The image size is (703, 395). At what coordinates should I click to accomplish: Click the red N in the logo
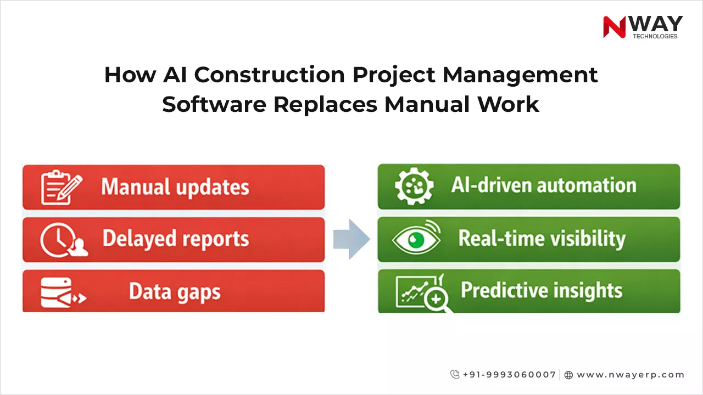pyautogui.click(x=614, y=27)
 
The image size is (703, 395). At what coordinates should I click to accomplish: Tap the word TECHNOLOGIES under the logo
pyautogui.click(x=655, y=37)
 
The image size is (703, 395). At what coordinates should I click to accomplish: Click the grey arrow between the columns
pyautogui.click(x=351, y=239)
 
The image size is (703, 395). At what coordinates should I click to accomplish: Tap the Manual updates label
pyautogui.click(x=175, y=187)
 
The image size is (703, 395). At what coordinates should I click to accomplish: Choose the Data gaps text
pyautogui.click(x=175, y=292)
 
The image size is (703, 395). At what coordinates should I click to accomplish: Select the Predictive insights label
pyautogui.click(x=541, y=290)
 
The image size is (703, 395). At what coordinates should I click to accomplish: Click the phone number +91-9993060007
pyautogui.click(x=509, y=375)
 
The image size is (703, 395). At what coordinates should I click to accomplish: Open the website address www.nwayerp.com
pyautogui.click(x=631, y=375)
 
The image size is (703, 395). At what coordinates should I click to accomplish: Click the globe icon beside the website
pyautogui.click(x=568, y=375)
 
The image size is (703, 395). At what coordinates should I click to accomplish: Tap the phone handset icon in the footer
pyautogui.click(x=455, y=375)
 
